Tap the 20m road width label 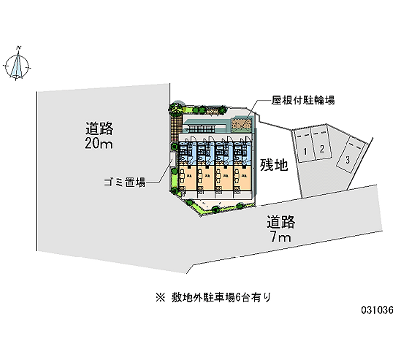click(x=99, y=137)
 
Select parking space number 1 click(x=306, y=149)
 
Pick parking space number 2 click(x=322, y=148)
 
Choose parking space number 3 click(x=348, y=159)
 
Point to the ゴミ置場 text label click(x=124, y=182)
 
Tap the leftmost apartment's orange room click(x=187, y=176)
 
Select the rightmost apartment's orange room click(x=243, y=176)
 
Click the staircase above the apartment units click(x=200, y=128)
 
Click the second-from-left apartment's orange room click(x=205, y=176)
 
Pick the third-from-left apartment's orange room click(x=224, y=176)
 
